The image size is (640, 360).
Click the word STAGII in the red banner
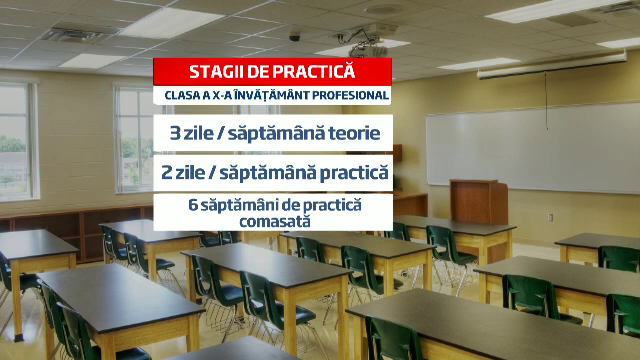215,71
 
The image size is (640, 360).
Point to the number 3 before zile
177,132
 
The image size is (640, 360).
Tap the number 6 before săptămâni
194,204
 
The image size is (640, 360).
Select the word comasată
273,220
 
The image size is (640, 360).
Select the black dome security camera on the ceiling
295,36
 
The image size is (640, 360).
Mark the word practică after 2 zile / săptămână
345,172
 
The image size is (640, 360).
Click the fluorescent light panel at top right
565,11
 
